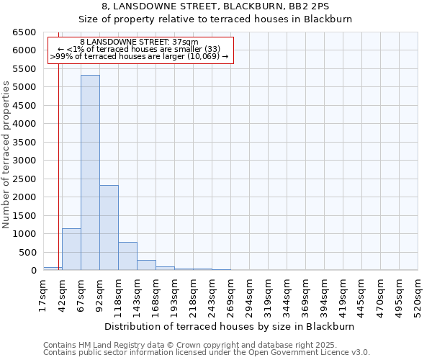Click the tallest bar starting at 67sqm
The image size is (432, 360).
90,173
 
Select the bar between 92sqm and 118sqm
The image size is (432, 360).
109,228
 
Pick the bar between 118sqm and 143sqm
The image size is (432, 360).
127,256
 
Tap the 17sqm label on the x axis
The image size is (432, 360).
43,294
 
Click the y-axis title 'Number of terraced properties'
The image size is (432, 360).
7,155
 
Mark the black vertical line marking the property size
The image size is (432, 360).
58,144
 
